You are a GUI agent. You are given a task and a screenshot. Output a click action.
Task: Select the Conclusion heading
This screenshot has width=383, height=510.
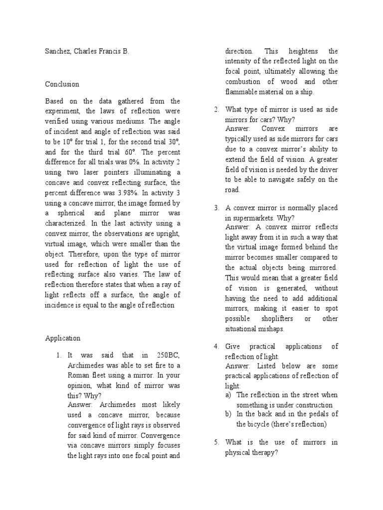(x=62, y=84)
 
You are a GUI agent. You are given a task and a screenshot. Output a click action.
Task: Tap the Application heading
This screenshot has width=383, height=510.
(x=63, y=338)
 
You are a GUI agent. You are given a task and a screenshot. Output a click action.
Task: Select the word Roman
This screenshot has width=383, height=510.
(x=79, y=376)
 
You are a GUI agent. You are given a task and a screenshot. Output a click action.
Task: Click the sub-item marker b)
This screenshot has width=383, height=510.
(x=229, y=414)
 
